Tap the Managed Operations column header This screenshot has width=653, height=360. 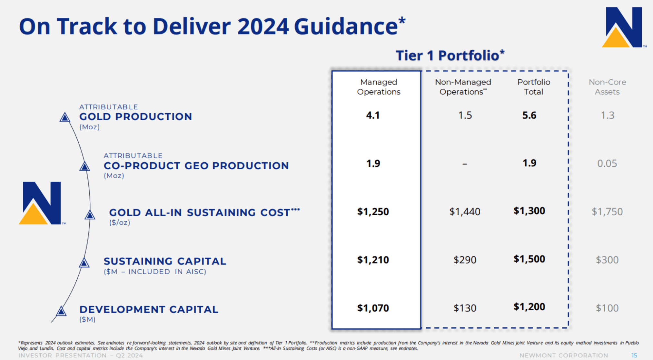(x=379, y=87)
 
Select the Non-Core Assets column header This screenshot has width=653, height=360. (x=607, y=87)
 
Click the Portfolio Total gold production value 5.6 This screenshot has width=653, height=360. (x=529, y=115)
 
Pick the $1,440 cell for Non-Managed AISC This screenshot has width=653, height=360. (x=465, y=212)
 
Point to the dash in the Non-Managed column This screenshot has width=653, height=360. (x=465, y=164)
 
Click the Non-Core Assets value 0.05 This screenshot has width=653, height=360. (x=607, y=164)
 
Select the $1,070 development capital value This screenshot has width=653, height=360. (x=373, y=308)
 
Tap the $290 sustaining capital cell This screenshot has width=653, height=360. (x=465, y=260)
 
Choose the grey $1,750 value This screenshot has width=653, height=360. (x=607, y=212)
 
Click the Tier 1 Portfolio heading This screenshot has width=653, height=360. (x=450, y=55)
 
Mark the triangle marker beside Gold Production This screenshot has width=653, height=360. (x=65, y=117)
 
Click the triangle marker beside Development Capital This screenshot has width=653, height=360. (x=61, y=312)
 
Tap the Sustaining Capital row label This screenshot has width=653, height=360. (x=165, y=261)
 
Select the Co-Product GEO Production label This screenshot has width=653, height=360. (x=196, y=166)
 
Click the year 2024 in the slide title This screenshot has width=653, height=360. (x=263, y=26)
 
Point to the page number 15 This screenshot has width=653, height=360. (x=634, y=355)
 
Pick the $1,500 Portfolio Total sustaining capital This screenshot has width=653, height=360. (x=529, y=259)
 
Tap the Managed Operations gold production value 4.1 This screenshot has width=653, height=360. (x=373, y=115)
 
